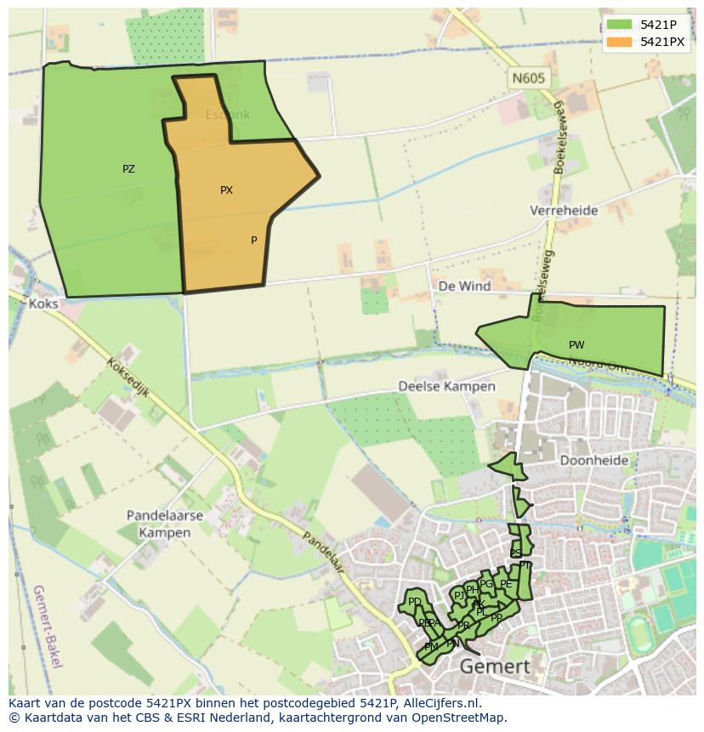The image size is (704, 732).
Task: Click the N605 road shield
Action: [528, 78]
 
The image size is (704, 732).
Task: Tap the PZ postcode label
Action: [128, 169]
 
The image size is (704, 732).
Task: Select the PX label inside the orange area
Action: [226, 190]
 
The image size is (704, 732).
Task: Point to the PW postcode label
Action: [576, 345]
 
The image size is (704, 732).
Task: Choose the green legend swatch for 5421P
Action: [620, 25]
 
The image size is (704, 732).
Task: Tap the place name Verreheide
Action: [564, 210]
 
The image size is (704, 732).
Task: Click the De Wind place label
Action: [464, 286]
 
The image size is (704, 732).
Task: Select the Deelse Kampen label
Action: [446, 386]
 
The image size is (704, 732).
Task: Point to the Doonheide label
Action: [594, 460]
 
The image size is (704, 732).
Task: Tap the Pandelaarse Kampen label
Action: [159, 524]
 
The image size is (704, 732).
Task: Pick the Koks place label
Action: [43, 304]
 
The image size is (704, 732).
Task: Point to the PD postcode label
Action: [414, 602]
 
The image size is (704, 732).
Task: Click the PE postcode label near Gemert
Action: [506, 584]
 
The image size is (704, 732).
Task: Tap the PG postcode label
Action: [486, 584]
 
